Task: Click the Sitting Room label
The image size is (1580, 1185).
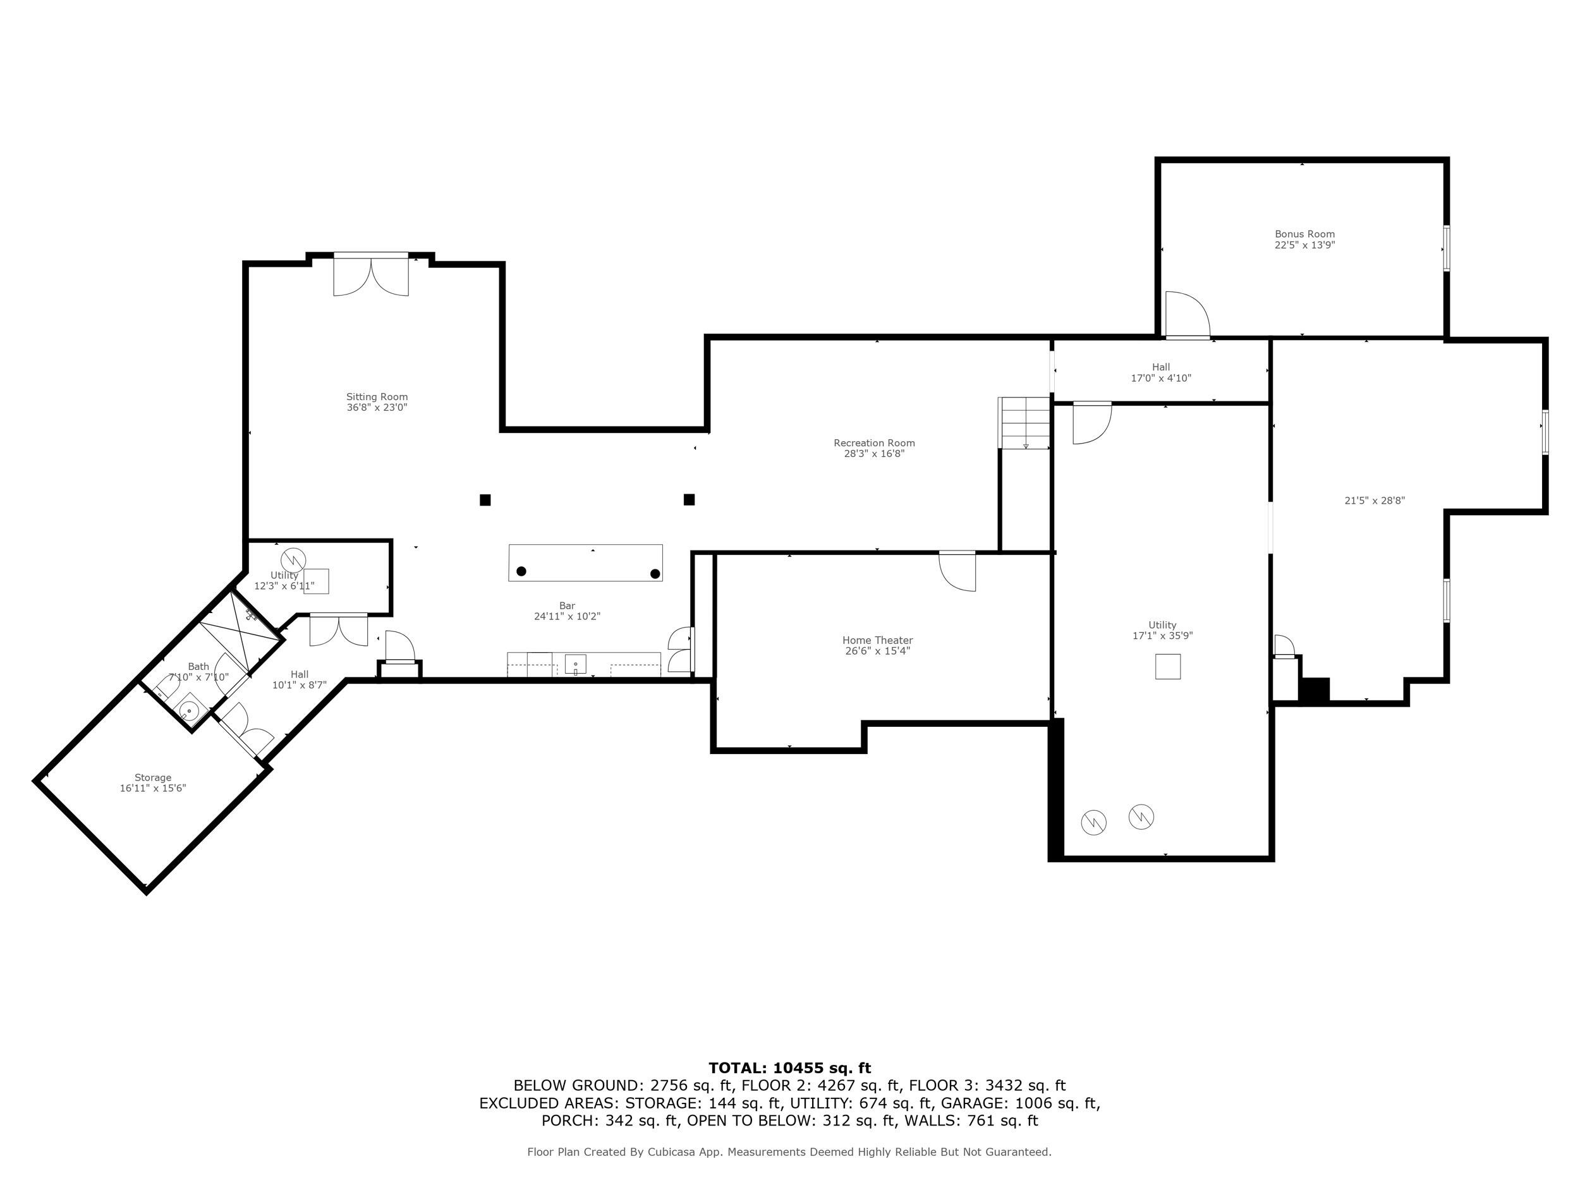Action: click(x=377, y=397)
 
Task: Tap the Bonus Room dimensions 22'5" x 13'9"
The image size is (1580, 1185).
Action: click(x=1304, y=245)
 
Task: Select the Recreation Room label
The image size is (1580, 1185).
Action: click(x=873, y=443)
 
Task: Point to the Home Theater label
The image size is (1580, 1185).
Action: click(x=877, y=641)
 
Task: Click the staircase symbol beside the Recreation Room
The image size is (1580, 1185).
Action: click(x=1025, y=423)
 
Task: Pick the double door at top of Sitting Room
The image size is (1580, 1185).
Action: click(x=371, y=276)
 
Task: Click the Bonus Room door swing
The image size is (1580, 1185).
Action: click(x=1186, y=316)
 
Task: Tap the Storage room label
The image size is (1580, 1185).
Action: click(x=153, y=778)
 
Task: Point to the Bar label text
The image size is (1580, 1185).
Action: click(x=567, y=605)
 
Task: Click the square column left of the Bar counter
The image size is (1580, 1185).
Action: click(x=485, y=500)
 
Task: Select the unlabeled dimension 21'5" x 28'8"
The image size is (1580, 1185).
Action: click(x=1375, y=501)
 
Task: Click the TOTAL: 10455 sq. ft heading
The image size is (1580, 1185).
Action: click(x=789, y=1068)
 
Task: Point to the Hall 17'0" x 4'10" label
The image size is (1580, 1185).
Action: click(x=1161, y=373)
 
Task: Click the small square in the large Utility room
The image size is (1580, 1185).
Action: click(x=1168, y=666)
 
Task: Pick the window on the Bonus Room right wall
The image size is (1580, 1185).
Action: click(x=1447, y=248)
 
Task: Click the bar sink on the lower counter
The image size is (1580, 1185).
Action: click(x=576, y=664)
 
